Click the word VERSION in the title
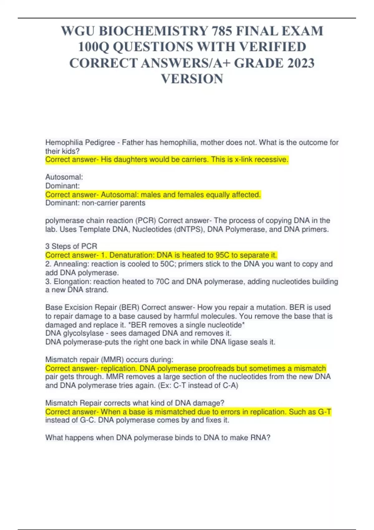coord(192,79)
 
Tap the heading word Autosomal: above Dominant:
coord(64,177)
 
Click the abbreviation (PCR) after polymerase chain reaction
coord(146,220)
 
